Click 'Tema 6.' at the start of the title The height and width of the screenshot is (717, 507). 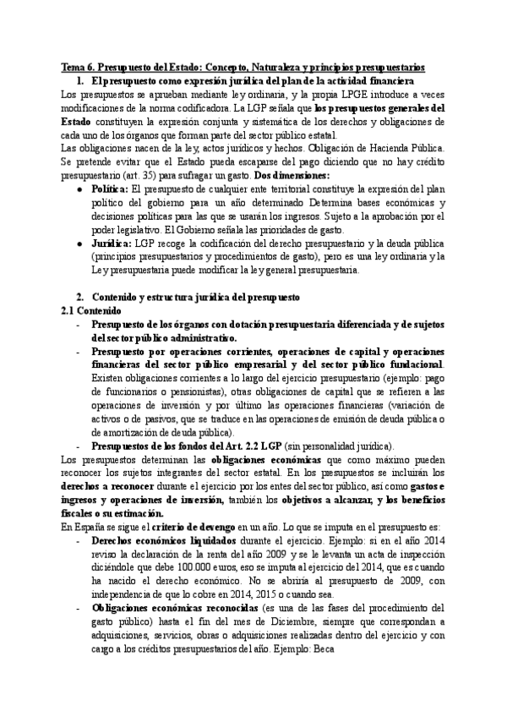click(78, 66)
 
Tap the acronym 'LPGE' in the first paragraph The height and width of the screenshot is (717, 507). click(350, 95)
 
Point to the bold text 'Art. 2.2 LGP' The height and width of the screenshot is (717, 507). click(248, 446)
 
